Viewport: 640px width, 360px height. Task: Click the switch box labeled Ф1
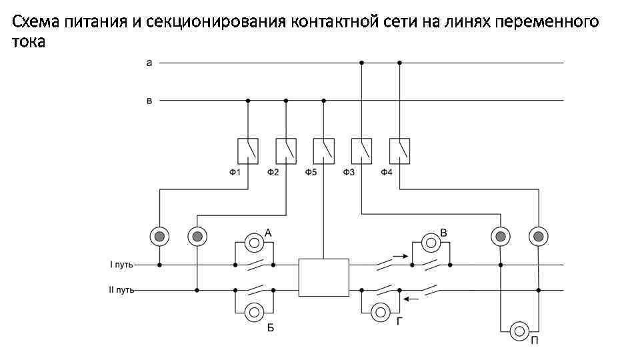[248, 151]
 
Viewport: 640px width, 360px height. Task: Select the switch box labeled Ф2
[286, 151]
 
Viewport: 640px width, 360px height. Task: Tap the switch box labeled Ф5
[324, 151]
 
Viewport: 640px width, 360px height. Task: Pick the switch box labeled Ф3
[362, 151]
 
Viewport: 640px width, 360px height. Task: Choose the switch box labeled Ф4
[400, 151]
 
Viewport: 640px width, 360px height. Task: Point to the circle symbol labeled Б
[254, 311]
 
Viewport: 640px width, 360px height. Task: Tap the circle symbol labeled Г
[380, 311]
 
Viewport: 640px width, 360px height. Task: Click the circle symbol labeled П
[519, 330]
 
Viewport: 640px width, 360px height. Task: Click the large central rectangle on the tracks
[324, 277]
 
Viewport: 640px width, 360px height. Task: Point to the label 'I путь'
[121, 265]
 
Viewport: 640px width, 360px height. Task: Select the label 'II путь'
[122, 290]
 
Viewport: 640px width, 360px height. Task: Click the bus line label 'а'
[149, 63]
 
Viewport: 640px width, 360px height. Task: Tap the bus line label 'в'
[149, 101]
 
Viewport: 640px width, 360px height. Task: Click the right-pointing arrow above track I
[398, 254]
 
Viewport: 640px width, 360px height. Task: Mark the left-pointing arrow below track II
[411, 299]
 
